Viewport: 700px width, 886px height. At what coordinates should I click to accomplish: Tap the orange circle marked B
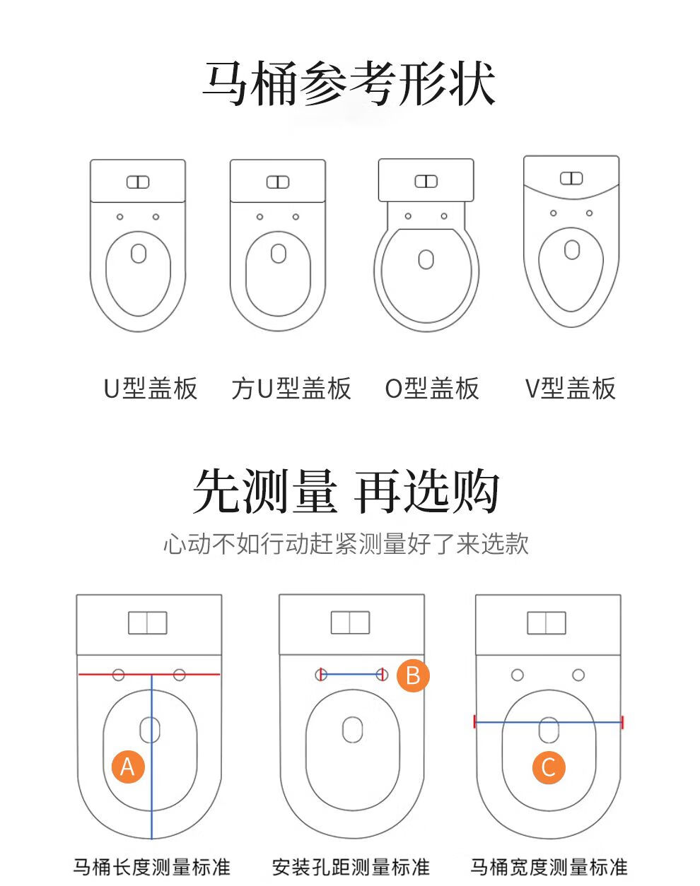412,675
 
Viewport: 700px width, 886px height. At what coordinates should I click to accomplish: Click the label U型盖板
151,388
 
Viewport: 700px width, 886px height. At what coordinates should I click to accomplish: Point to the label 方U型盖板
291,388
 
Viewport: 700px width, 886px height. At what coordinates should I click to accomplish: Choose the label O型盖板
432,388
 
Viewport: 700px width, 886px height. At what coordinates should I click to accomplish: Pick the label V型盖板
571,388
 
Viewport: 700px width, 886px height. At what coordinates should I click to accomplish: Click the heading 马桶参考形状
349,83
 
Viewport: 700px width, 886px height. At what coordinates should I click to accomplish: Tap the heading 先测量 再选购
346,492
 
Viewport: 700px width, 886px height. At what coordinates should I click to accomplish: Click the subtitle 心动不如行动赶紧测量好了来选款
346,543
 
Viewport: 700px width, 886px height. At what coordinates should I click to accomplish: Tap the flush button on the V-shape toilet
571,178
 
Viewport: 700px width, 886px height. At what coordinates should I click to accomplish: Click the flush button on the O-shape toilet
426,181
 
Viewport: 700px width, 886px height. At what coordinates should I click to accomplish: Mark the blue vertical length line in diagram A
151,757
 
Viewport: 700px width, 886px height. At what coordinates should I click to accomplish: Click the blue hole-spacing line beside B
351,674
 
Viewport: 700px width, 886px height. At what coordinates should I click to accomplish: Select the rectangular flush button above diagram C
547,623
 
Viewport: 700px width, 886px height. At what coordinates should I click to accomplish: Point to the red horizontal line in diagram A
149,674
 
